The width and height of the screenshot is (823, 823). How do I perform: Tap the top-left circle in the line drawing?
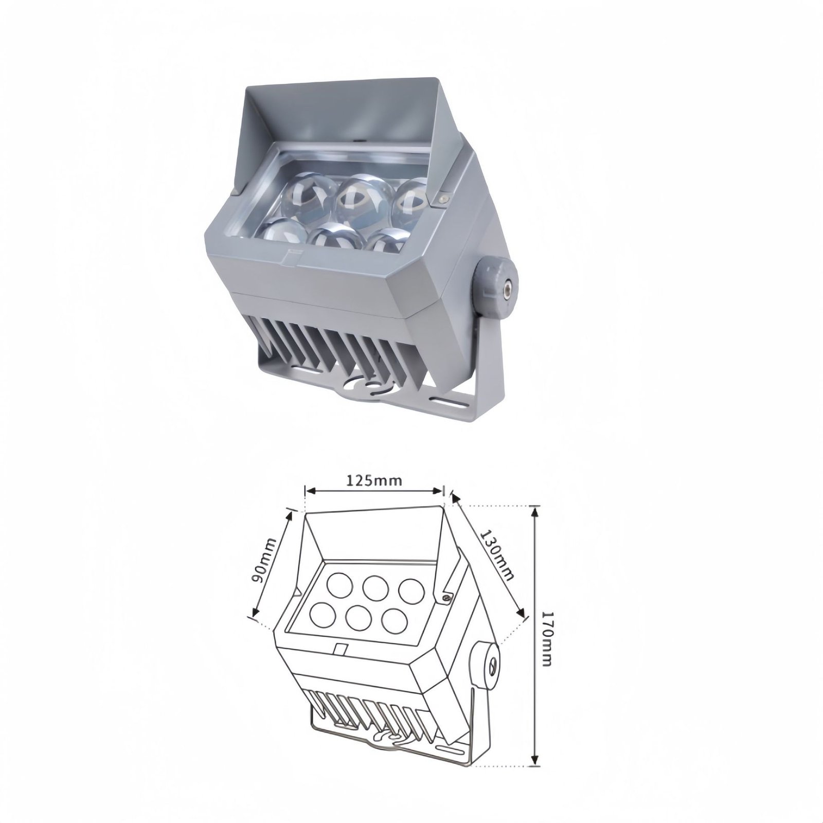coord(337,584)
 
